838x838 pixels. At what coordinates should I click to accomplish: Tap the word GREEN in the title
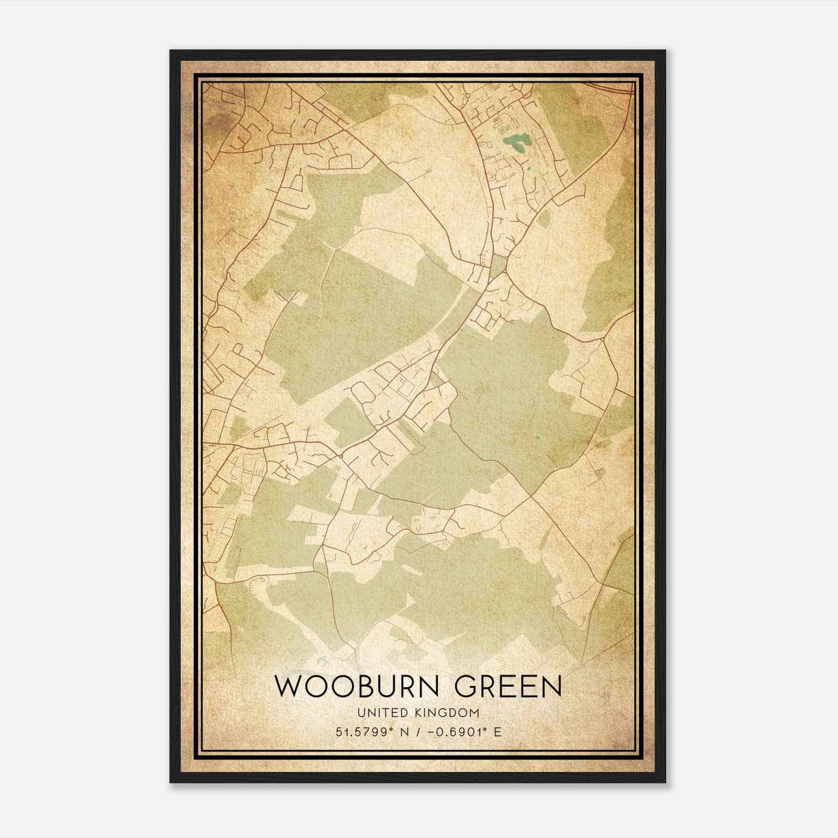coord(508,687)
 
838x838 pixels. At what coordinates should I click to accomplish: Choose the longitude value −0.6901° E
coord(465,732)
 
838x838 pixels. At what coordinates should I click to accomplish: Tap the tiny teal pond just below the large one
coord(528,169)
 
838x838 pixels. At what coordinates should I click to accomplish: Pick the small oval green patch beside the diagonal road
coord(545,217)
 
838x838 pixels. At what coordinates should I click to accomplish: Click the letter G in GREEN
coord(466,687)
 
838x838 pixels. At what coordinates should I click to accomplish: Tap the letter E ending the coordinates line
coord(498,732)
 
